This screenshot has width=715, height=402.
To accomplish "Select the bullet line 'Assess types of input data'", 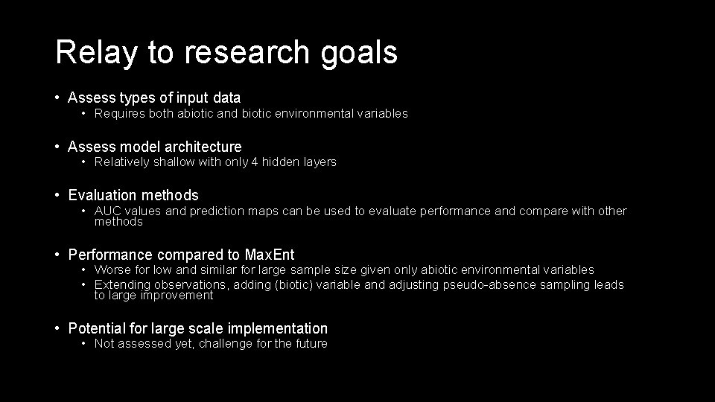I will pos(154,98).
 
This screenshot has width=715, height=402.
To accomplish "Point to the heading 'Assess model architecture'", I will pos(155,147).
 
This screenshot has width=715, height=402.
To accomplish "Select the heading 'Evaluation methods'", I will pos(133,195).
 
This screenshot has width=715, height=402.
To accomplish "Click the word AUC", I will pos(109,211).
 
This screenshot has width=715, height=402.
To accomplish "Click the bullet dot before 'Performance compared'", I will pos(58,255).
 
